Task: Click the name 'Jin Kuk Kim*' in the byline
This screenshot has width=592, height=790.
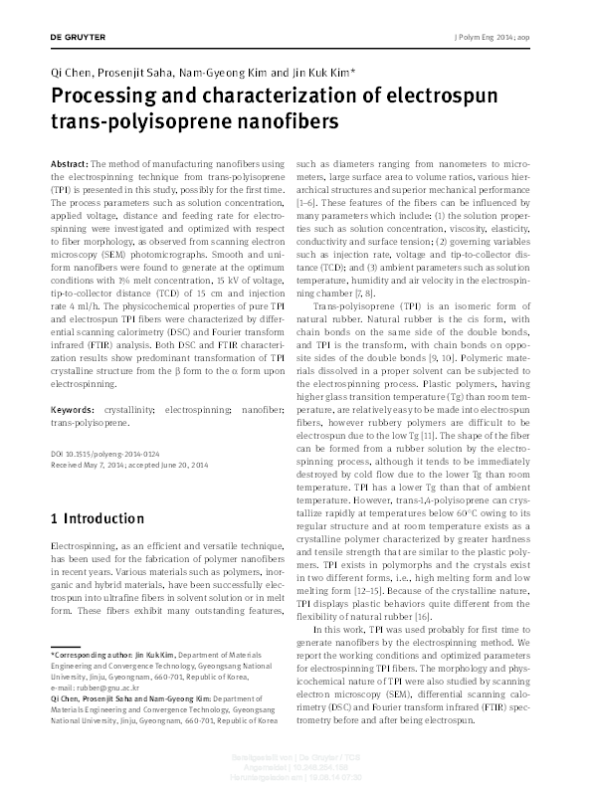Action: point(318,75)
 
